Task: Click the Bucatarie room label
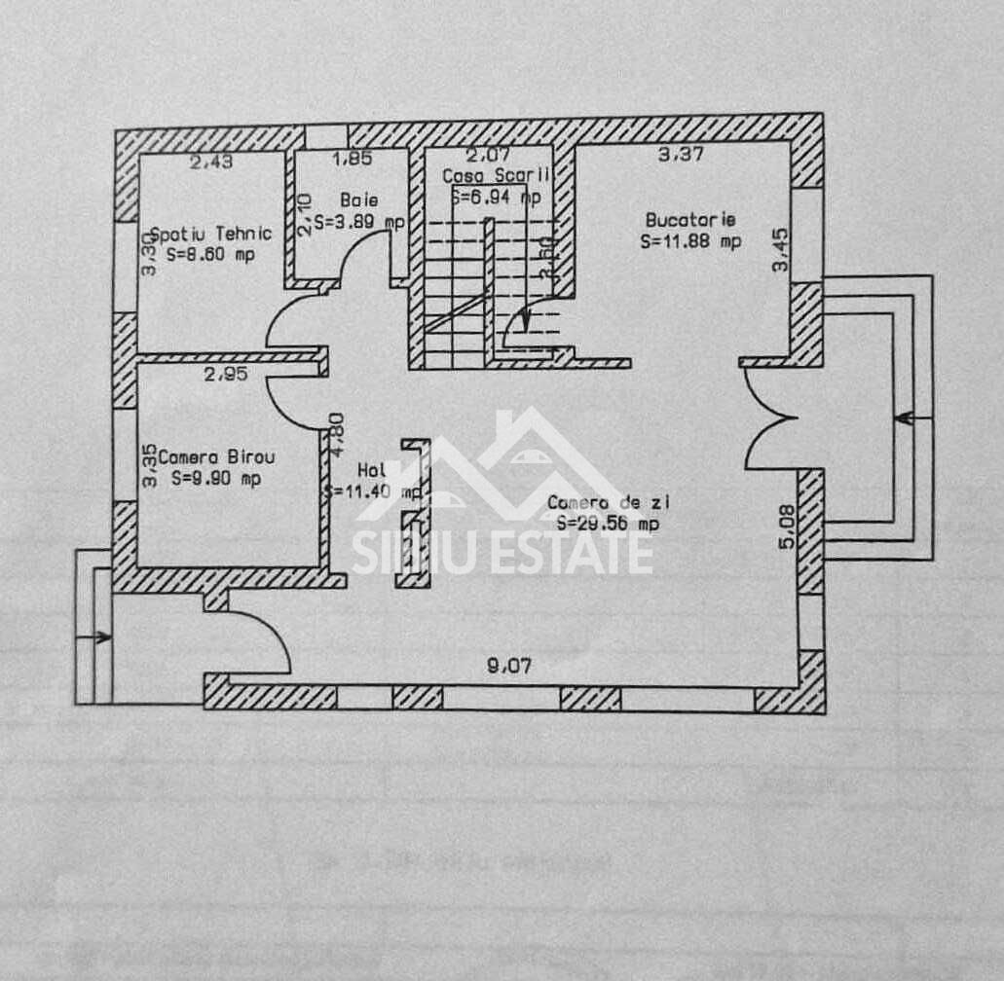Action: [690, 220]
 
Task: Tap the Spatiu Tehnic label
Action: [210, 234]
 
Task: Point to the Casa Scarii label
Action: [497, 176]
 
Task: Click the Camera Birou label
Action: [216, 456]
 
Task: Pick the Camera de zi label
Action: [609, 502]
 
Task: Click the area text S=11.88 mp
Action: [690, 241]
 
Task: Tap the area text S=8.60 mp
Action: [210, 255]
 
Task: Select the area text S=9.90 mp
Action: [215, 479]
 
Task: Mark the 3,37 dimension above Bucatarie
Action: [681, 154]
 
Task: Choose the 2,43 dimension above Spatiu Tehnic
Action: [210, 162]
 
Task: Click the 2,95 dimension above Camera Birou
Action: [225, 373]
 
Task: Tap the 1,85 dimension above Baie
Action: [351, 158]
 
